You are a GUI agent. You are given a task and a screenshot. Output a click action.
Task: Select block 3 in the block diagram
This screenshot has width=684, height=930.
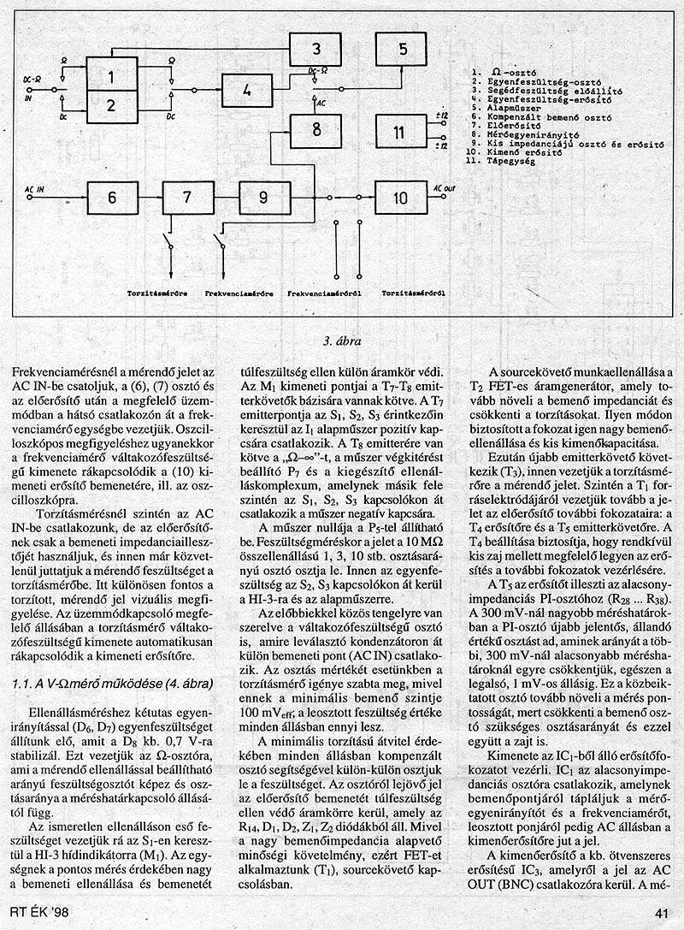315,48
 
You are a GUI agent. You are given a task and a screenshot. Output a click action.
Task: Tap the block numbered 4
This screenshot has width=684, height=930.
246,89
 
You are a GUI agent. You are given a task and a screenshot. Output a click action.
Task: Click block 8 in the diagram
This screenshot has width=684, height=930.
315,130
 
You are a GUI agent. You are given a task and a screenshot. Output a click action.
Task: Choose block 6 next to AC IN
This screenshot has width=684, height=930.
111,198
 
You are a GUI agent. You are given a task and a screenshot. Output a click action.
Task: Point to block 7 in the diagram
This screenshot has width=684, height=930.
188,198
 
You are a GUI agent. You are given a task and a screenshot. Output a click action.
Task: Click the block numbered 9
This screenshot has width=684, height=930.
264,198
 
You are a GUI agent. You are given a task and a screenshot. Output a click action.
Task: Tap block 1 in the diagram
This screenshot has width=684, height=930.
112,76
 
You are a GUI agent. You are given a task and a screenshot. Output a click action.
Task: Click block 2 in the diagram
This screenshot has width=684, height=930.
112,106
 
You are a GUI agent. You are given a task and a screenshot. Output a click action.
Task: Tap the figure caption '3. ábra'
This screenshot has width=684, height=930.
341,342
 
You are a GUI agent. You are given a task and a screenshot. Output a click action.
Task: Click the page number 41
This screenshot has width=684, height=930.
659,912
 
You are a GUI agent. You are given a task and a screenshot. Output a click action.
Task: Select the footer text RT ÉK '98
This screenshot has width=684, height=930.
38,912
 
